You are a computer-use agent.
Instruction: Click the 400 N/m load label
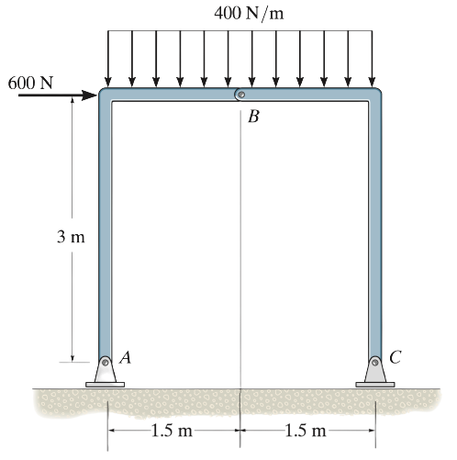[249, 14]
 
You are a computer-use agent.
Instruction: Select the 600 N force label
[30, 83]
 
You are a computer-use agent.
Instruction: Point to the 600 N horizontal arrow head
[91, 95]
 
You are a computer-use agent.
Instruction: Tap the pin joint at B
[241, 95]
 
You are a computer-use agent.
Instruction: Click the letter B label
[253, 117]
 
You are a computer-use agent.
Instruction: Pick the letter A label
[126, 357]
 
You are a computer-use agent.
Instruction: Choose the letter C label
[396, 357]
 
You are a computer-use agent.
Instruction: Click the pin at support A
[106, 363]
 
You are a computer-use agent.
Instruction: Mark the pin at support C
[375, 363]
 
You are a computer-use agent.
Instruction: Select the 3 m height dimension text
[71, 237]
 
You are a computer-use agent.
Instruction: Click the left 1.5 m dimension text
[172, 431]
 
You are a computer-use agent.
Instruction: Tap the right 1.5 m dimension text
[306, 431]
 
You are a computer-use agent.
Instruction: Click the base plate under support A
[105, 385]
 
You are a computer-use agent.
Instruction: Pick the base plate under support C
[375, 385]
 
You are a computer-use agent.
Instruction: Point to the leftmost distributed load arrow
[107, 59]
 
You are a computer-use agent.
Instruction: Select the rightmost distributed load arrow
[372, 59]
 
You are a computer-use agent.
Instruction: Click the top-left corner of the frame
[99, 89]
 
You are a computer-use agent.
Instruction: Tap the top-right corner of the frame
[381, 89]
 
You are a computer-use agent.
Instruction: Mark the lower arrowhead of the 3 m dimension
[72, 358]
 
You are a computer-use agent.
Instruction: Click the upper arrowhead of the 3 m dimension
[72, 100]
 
